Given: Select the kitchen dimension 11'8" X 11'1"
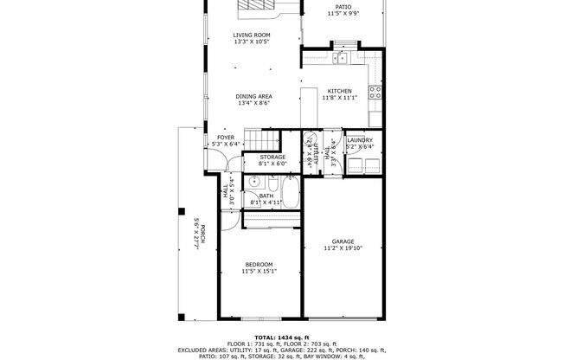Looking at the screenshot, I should [338, 99].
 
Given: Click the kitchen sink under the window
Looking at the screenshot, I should [343, 58].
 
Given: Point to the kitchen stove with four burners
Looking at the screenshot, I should [375, 93].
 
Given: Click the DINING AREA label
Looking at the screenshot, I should [254, 96].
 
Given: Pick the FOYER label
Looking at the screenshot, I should [225, 137].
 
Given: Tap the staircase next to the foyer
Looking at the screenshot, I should [260, 140].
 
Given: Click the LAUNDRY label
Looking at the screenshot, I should [359, 139].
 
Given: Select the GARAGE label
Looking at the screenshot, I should [343, 241].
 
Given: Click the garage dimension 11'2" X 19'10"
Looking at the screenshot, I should [343, 248].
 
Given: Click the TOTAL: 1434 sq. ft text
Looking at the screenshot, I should [281, 337].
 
